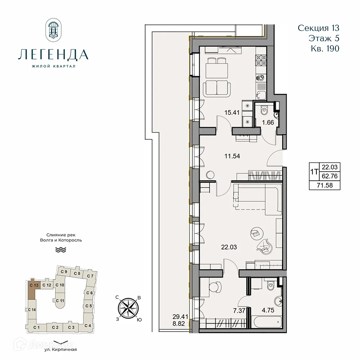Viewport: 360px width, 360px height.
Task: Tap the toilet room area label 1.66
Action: pos(267,122)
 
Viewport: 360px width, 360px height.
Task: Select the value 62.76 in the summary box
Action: pos(330,176)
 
